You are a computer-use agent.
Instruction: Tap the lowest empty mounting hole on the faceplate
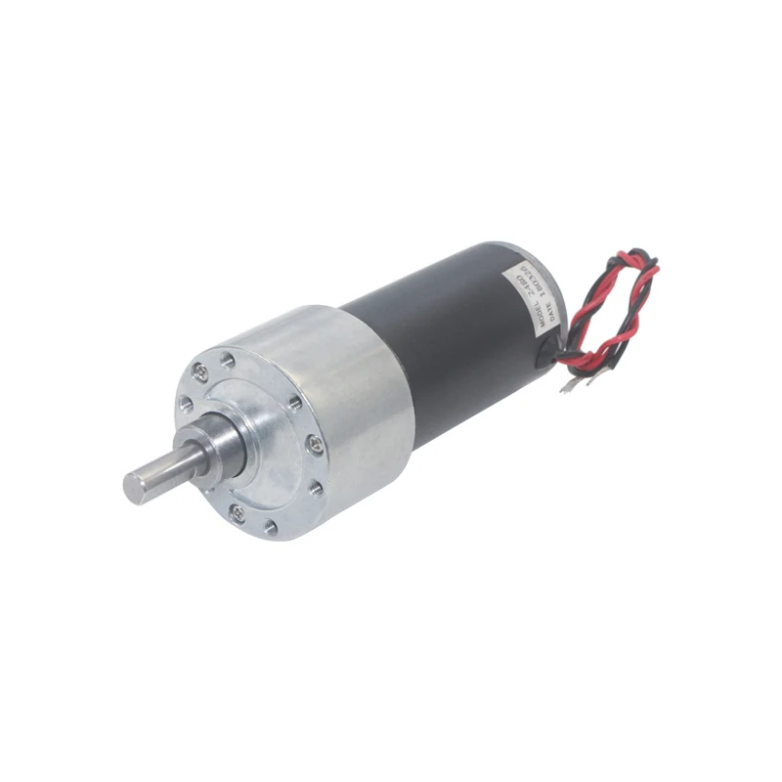tap(270, 528)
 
